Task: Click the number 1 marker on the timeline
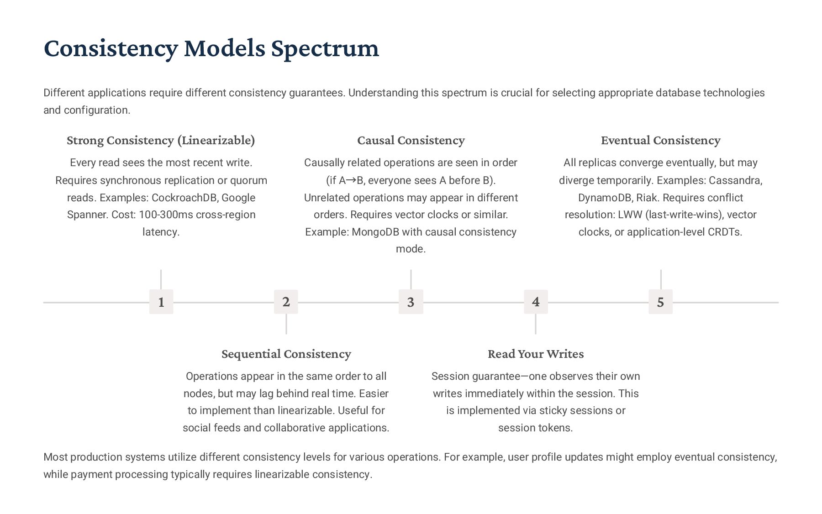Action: [x=161, y=302]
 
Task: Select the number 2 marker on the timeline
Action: [x=286, y=302]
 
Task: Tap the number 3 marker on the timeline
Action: [x=411, y=302]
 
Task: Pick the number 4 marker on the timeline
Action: [x=536, y=302]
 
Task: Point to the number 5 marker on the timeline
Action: [x=660, y=302]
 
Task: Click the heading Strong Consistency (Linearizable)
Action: [x=161, y=140]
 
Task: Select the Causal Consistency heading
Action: [x=411, y=140]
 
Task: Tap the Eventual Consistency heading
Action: [x=660, y=140]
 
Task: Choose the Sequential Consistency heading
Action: [x=286, y=354]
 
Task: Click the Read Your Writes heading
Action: [x=536, y=354]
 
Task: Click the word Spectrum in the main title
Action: [x=325, y=48]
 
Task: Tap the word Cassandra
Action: [x=735, y=180]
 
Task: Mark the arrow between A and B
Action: [x=351, y=180]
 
